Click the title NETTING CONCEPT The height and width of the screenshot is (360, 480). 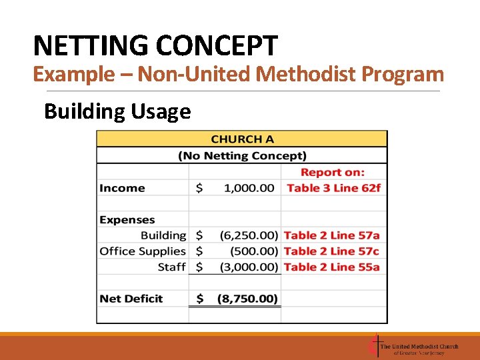[155, 46]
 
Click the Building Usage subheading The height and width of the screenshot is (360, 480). [117, 111]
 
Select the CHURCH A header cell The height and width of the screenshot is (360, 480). [242, 139]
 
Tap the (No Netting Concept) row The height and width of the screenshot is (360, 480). [242, 156]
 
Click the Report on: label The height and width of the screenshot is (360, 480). [333, 172]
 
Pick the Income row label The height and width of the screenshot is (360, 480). [122, 188]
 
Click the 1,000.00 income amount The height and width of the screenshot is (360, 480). [249, 188]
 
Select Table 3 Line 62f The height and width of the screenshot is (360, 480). [333, 188]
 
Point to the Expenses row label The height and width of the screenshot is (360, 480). [127, 220]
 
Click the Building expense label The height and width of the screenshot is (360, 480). [163, 235]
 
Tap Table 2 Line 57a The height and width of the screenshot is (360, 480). [331, 235]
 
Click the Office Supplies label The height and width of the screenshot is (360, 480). [143, 251]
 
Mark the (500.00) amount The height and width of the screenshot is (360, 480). [254, 251]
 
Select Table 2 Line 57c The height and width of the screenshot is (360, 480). [331, 251]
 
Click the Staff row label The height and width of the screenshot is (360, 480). [172, 267]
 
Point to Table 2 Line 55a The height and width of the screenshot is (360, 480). [331, 267]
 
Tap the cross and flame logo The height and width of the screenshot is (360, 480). [375, 346]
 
